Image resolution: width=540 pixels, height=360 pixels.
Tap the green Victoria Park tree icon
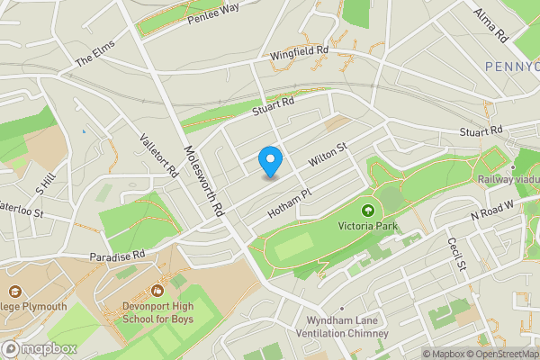(x=367, y=211)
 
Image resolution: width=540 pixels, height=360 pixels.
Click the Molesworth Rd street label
(x=202, y=181)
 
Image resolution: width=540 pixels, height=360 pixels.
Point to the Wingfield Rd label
(x=300, y=56)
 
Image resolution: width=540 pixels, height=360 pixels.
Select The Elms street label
(x=97, y=57)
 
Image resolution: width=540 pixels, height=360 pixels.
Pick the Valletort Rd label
(x=158, y=157)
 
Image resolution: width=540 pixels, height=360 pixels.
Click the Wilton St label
(x=328, y=156)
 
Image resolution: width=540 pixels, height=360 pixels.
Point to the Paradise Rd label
(x=117, y=256)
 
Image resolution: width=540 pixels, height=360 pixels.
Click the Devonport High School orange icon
(x=158, y=291)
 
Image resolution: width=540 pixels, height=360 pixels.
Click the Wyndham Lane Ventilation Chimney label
(x=333, y=327)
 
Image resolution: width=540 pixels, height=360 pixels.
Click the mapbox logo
(x=38, y=348)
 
